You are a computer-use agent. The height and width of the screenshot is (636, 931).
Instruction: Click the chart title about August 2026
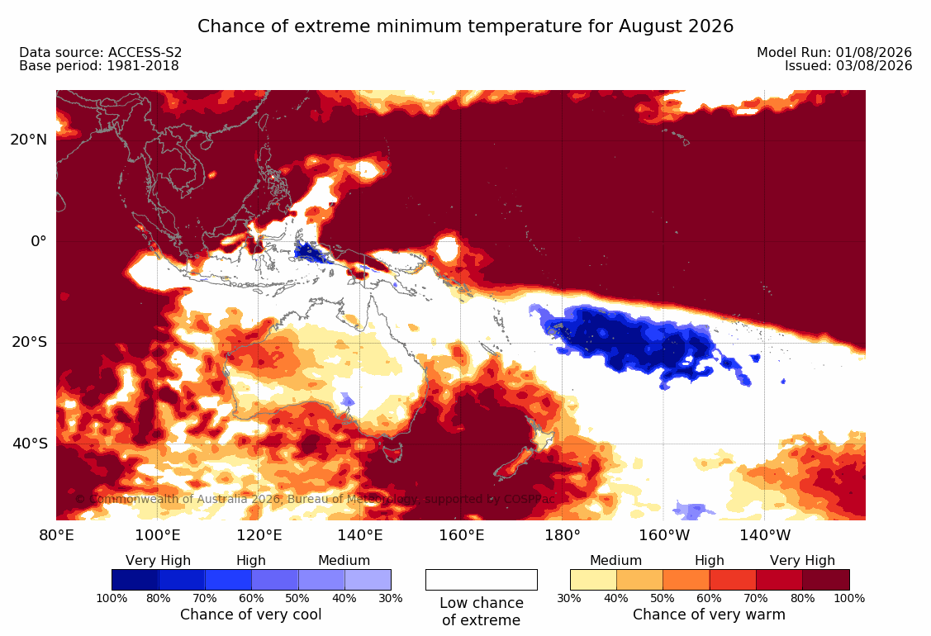point(466,26)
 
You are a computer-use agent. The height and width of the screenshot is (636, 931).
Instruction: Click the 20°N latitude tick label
point(28,140)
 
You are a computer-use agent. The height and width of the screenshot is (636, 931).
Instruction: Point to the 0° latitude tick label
point(39,241)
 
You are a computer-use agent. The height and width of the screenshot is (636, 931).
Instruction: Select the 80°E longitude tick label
point(56,535)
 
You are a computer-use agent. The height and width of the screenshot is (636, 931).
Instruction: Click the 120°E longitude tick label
point(259,535)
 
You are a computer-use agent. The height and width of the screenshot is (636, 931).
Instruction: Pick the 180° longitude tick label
point(563,535)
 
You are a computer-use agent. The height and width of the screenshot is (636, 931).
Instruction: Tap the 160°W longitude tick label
point(664,535)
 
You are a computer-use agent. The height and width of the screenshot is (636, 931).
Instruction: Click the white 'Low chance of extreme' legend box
point(482,580)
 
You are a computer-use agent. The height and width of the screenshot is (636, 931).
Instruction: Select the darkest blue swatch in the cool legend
point(135,580)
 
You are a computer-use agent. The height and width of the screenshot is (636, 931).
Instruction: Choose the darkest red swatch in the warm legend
point(826,580)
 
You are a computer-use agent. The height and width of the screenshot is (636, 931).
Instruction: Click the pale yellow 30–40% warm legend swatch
point(593,580)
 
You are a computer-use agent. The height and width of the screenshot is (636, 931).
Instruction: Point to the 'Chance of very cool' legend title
point(250,614)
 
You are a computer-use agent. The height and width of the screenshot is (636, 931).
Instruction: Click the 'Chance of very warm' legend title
point(709,614)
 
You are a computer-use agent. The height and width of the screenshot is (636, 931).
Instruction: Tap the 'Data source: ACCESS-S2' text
point(100,52)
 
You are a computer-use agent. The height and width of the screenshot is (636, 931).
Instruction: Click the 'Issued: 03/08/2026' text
point(848,65)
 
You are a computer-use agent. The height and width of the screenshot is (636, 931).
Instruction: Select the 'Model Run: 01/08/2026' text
point(834,52)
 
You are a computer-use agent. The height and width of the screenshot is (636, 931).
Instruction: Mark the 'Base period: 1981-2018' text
point(98,65)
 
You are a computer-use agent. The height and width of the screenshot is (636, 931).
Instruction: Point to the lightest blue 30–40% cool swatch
point(368,580)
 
